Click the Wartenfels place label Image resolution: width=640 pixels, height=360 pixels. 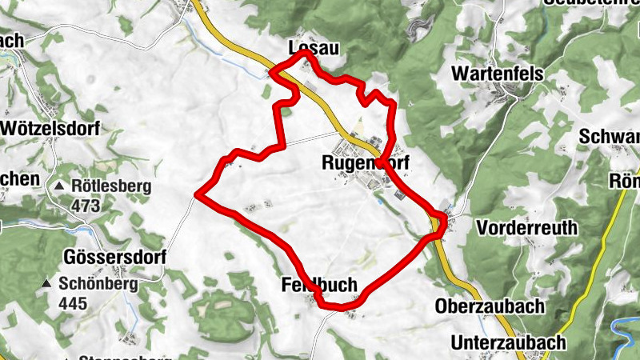(x=498, y=74)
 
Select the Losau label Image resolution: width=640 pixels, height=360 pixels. (x=313, y=49)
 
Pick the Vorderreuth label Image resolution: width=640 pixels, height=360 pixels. (x=526, y=228)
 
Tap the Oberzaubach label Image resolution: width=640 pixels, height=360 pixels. (x=490, y=306)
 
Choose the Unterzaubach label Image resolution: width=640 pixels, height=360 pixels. (x=508, y=342)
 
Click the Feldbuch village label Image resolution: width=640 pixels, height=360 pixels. (x=318, y=285)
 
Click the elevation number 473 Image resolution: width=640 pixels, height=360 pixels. (x=85, y=206)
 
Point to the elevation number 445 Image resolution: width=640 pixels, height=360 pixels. (x=72, y=304)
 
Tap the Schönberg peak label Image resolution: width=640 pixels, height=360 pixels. (x=98, y=283)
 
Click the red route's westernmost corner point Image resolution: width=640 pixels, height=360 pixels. (x=198, y=193)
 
